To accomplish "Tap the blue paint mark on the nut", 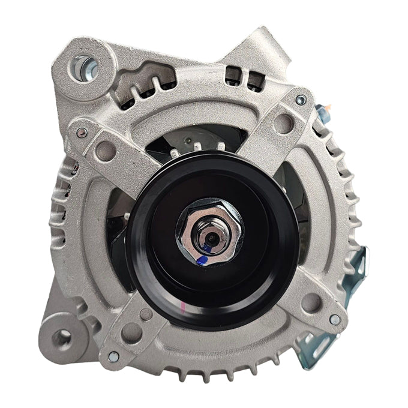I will point(203,260).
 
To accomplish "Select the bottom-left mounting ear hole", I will point(62,338).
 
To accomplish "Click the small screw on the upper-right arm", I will point(301,100).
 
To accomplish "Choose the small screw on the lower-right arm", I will point(335,320).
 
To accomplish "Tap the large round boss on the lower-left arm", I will point(131,332).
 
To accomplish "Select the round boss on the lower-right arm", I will point(310,302).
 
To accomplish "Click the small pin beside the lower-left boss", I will point(146,314).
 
